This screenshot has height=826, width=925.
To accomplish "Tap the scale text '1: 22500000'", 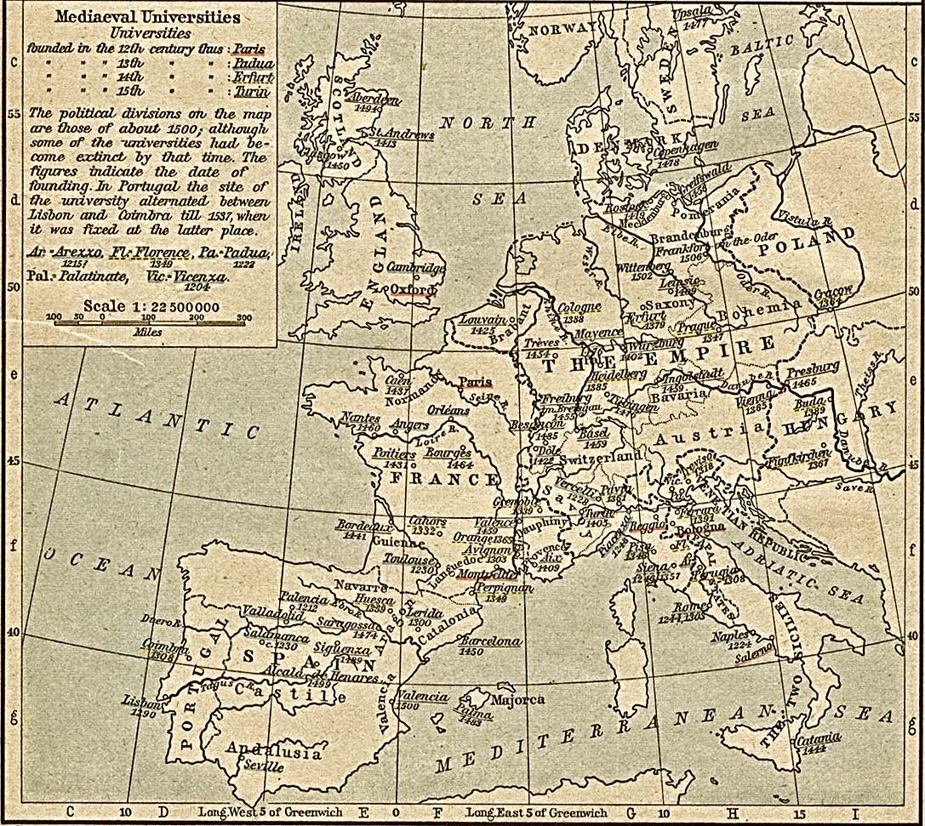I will click(175, 307).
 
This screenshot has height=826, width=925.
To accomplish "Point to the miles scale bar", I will click(150, 322).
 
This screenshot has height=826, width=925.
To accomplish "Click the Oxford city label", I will click(412, 289).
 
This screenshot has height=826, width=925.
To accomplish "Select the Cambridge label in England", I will click(416, 268).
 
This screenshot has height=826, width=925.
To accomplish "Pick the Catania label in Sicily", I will click(818, 738).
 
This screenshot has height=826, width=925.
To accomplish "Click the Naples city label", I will click(730, 635).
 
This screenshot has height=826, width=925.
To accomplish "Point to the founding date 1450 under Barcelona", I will click(470, 652).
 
